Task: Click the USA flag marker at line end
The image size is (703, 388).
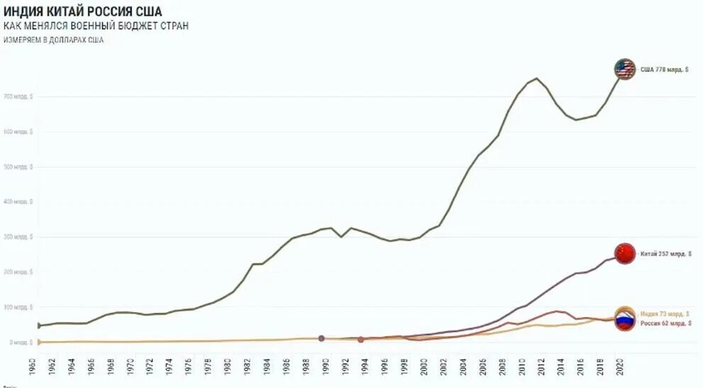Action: point(624,70)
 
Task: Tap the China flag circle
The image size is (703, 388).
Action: point(624,253)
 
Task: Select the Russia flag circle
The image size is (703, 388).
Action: point(624,322)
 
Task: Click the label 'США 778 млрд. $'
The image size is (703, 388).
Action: point(665,70)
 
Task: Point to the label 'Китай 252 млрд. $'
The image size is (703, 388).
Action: point(666,253)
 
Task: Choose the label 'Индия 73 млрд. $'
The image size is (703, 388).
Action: point(664,314)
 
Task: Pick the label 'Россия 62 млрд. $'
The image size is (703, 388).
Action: point(664,323)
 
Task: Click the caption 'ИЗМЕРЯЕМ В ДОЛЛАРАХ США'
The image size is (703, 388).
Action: point(53,40)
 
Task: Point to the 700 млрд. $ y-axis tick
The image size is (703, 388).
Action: point(18,96)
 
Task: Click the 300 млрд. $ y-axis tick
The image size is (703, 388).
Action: point(18,237)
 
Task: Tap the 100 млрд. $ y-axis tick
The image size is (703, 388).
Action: point(18,307)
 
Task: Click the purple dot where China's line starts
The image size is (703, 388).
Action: point(321,338)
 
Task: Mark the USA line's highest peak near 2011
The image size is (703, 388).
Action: point(536,78)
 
